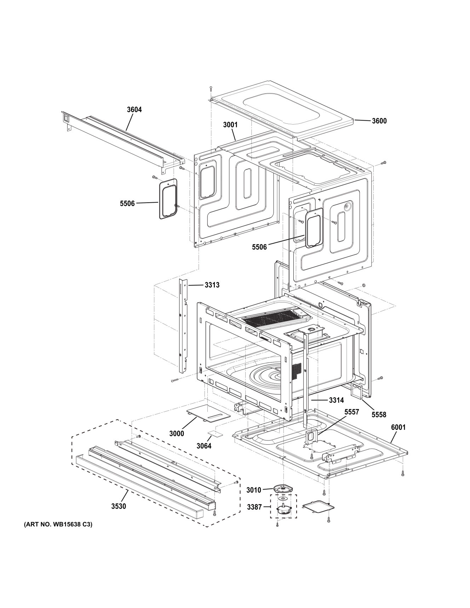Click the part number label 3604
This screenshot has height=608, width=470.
pos(134,110)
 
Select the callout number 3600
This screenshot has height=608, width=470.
pos(379,121)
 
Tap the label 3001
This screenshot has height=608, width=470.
pos(230,125)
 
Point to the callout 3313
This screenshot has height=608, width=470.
pos(212,285)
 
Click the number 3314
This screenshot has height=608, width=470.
pos(336,400)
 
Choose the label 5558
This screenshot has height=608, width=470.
pos(379,415)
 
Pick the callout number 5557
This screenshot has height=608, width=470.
pos(351,412)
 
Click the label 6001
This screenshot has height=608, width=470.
pos(398,427)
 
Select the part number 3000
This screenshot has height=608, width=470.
pos(176,434)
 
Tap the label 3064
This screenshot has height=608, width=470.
pos(204,446)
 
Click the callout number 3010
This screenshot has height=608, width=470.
pos(253,490)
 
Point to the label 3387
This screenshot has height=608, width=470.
pos(254,507)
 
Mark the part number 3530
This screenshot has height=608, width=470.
pos(118,506)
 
